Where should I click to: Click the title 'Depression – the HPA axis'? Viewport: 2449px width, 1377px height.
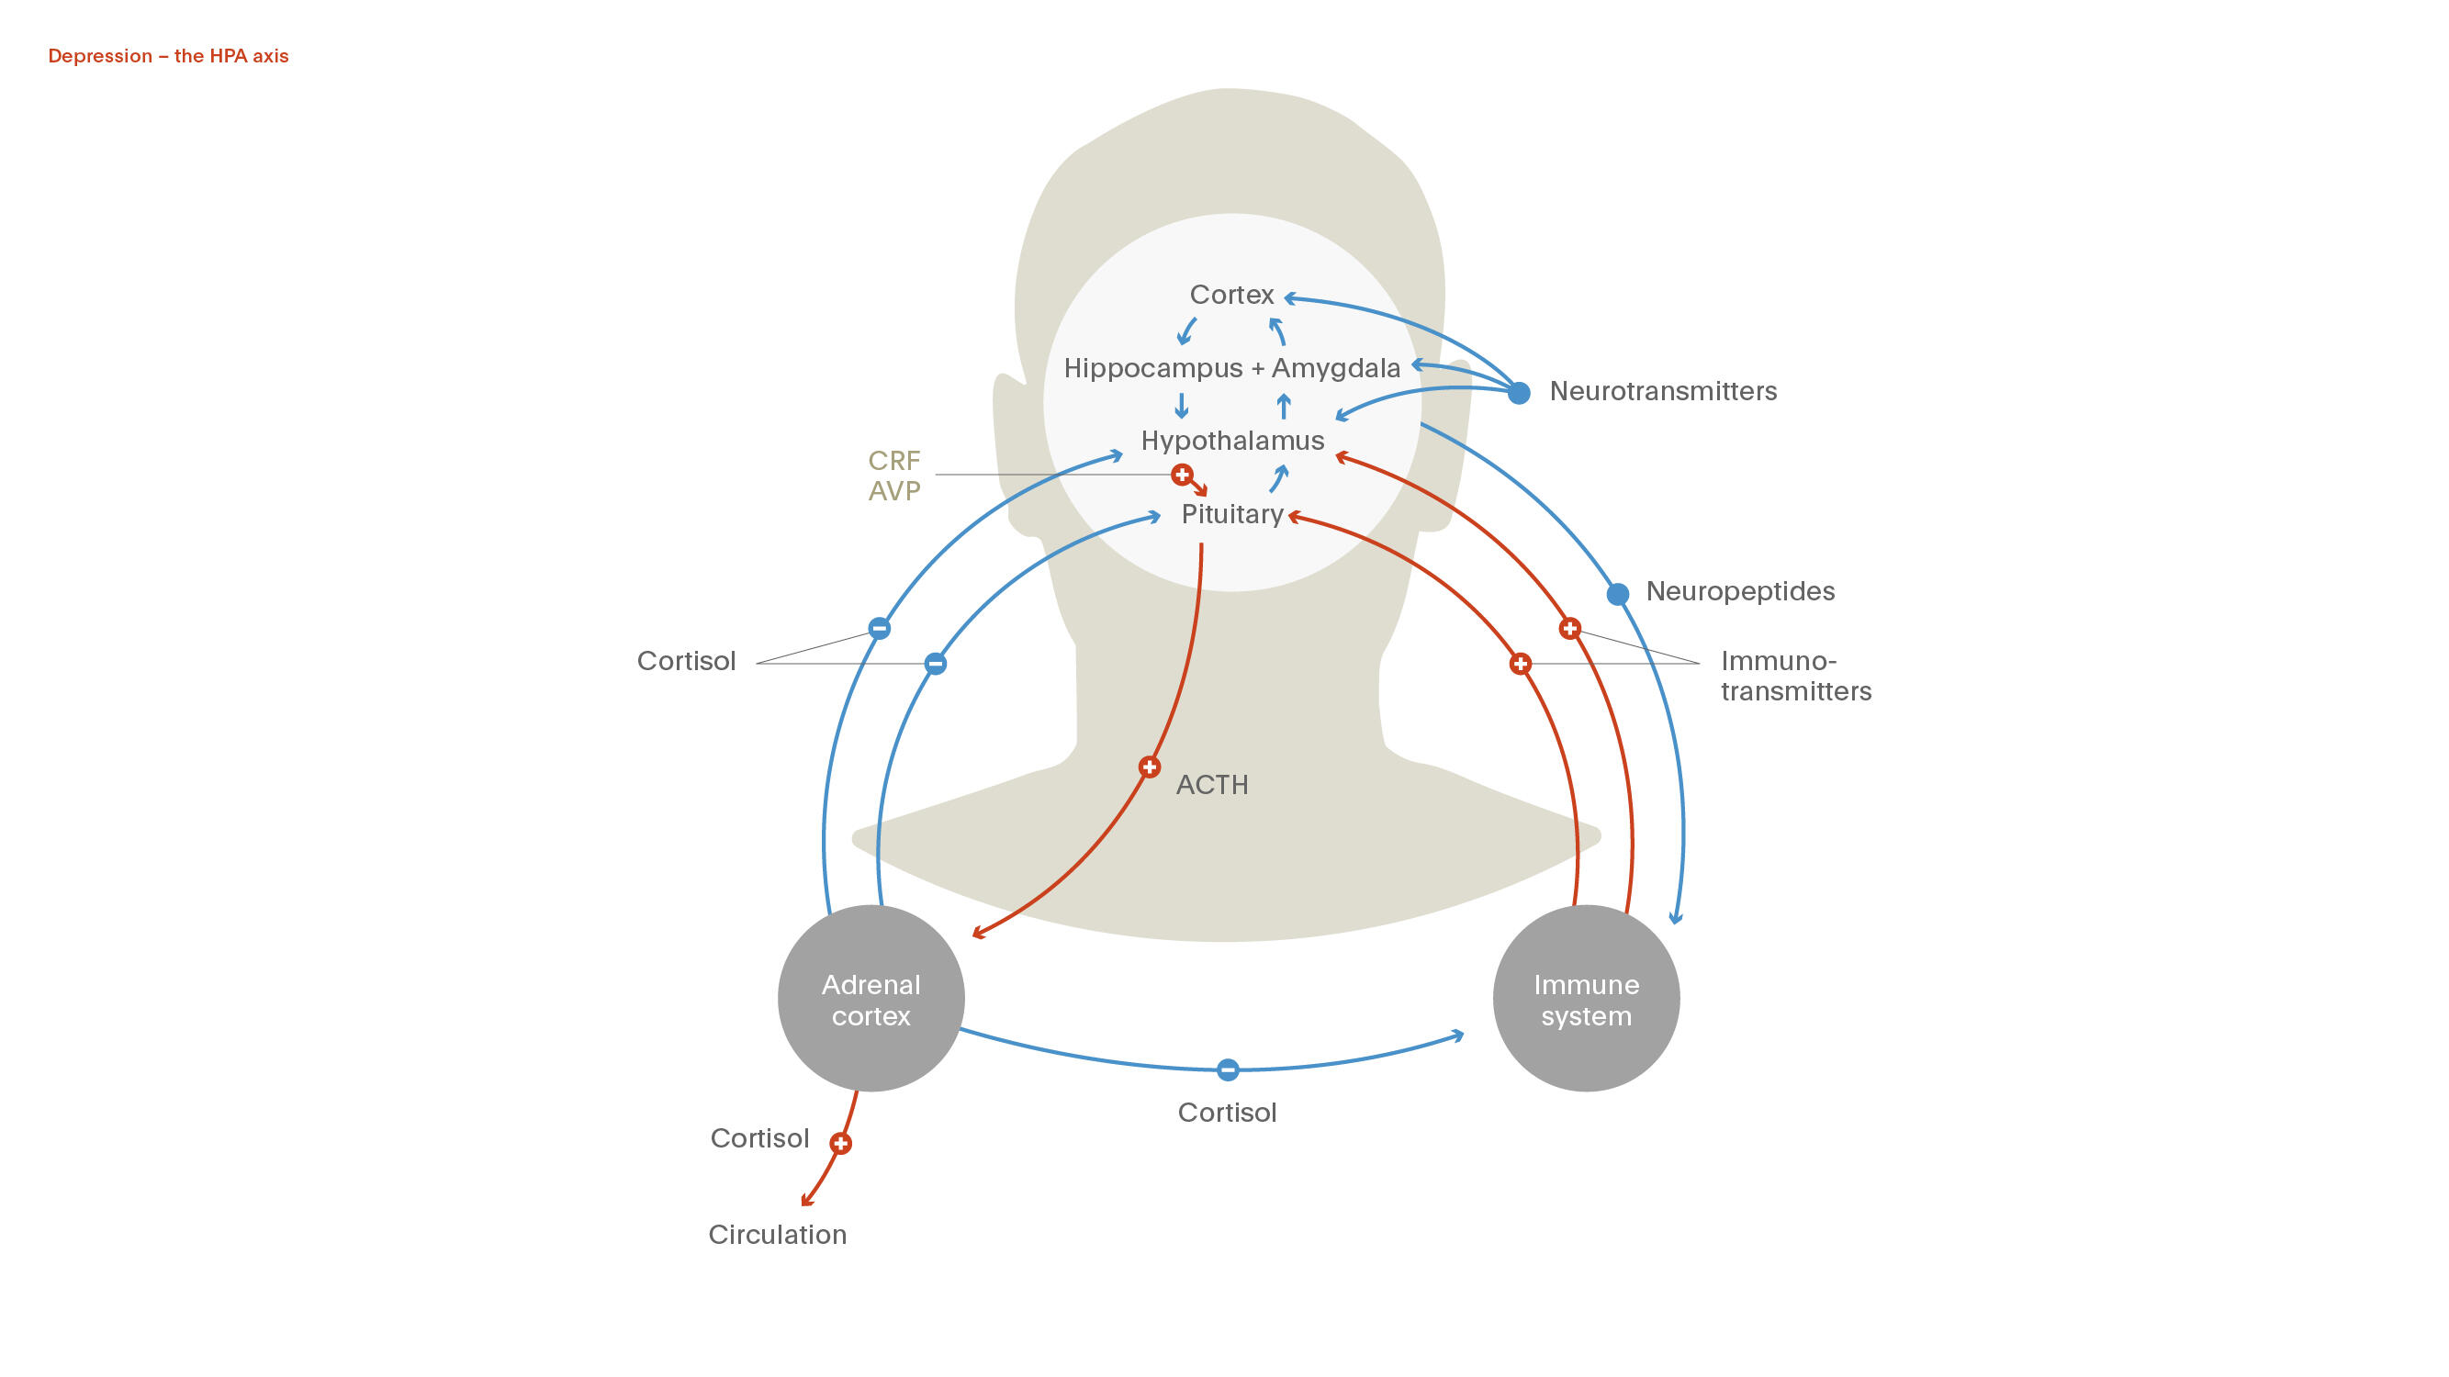coord(168,56)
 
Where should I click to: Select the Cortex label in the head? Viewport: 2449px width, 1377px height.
coord(1231,295)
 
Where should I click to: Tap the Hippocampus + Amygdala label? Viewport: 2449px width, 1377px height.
coord(1231,368)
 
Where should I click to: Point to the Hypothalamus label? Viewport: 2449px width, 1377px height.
coord(1232,441)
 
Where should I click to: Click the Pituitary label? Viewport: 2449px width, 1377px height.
coord(1232,514)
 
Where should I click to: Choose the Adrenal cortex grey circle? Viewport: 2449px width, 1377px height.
coord(871,999)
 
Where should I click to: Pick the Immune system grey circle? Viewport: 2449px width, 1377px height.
coord(1586,999)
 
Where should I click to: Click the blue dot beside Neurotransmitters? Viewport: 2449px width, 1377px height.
coord(1519,393)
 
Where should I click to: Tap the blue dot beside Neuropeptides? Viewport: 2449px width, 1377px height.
coord(1617,594)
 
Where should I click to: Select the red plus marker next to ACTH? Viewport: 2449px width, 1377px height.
coord(1150,767)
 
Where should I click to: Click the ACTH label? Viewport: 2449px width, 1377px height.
coord(1212,785)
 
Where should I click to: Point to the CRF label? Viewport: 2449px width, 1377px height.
coord(893,461)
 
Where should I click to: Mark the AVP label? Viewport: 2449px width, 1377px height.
coord(893,491)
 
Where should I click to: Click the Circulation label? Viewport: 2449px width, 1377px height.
coord(777,1235)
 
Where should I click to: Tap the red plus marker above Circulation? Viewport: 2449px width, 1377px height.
coord(840,1143)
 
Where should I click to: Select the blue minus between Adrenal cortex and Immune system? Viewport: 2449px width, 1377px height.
coord(1228,1070)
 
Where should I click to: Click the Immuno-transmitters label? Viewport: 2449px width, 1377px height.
coord(1795,676)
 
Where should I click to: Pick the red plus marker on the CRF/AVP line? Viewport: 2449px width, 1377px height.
coord(1182,475)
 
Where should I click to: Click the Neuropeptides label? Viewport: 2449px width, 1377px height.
coord(1740,591)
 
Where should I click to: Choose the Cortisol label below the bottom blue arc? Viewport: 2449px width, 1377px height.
coord(1227,1113)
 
